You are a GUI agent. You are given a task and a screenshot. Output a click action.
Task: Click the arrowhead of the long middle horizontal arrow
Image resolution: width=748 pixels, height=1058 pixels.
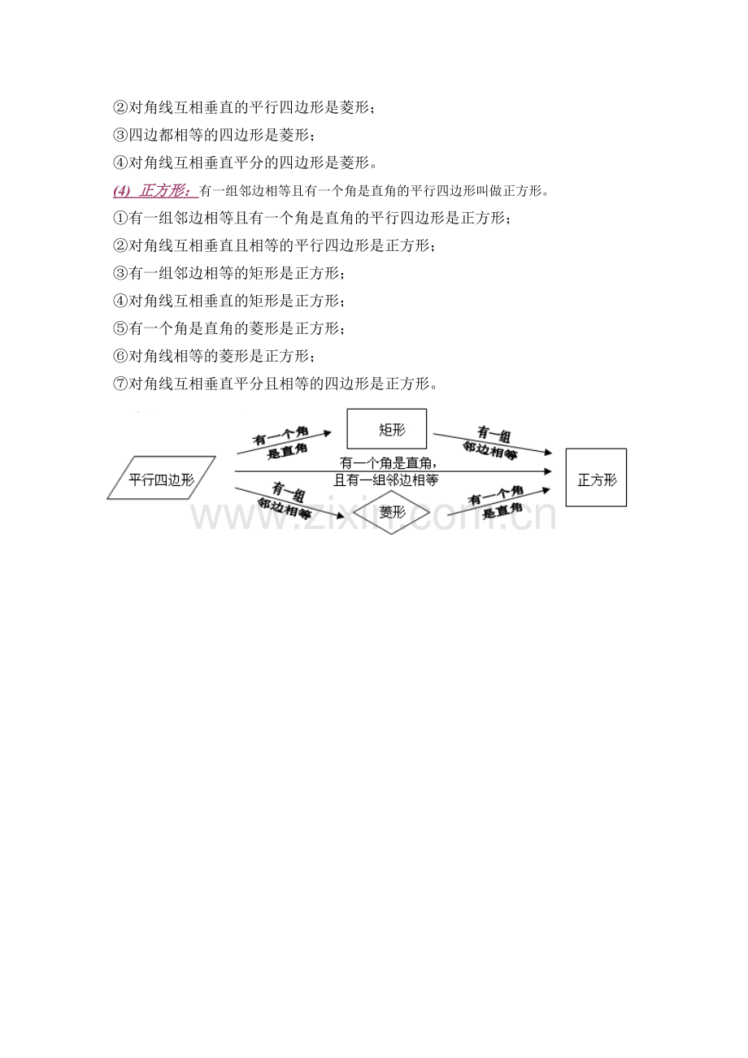(x=548, y=471)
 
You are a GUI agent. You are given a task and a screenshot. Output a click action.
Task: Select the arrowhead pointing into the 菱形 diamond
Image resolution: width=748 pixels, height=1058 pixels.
(x=340, y=515)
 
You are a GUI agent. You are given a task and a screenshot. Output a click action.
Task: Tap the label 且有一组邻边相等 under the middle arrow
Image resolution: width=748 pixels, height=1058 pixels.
(x=385, y=480)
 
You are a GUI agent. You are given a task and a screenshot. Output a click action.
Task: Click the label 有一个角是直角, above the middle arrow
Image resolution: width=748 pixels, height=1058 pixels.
(x=389, y=463)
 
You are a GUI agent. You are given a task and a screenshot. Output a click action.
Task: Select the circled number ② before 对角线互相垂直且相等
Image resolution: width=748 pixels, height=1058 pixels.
(x=120, y=245)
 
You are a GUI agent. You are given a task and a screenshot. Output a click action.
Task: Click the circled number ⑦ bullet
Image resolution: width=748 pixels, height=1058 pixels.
(x=120, y=383)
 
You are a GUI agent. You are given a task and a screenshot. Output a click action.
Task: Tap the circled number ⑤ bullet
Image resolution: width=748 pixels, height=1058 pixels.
(x=120, y=328)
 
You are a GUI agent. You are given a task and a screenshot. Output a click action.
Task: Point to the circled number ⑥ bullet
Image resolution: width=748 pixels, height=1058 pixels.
(x=120, y=356)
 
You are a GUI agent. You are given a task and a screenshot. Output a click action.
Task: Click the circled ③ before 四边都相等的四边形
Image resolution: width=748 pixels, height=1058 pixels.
(x=120, y=136)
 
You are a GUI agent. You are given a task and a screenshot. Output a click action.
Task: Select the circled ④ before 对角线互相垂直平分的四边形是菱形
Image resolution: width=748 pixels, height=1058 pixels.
(x=120, y=163)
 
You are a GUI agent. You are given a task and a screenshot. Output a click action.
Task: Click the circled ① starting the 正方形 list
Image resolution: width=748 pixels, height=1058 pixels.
(x=120, y=219)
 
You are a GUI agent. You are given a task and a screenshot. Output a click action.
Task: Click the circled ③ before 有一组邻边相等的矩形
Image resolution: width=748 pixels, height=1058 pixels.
(x=120, y=273)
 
